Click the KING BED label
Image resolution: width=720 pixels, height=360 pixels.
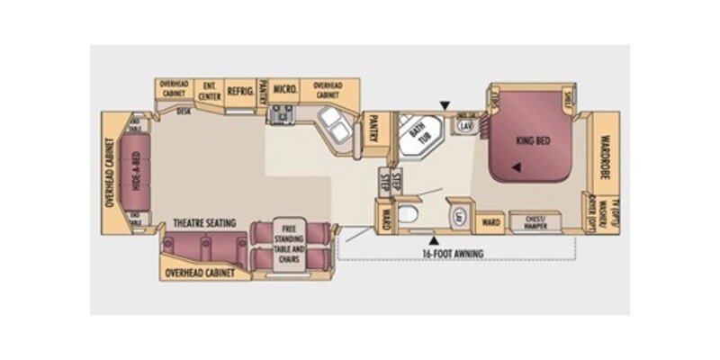pyautogui.click(x=533, y=141)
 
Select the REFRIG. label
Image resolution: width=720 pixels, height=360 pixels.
pyautogui.click(x=239, y=91)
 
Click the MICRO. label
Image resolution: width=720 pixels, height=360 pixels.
pyautogui.click(x=285, y=91)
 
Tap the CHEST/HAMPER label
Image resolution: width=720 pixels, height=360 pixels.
pyautogui.click(x=534, y=220)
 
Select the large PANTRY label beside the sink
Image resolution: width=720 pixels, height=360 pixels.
pyautogui.click(x=374, y=128)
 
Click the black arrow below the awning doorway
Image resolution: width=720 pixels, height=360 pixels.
pyautogui.click(x=436, y=240)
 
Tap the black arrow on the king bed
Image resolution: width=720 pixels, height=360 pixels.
pyautogui.click(x=517, y=167)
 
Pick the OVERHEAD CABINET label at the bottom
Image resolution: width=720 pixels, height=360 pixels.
pyautogui.click(x=201, y=271)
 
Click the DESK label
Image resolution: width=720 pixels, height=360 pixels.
pyautogui.click(x=184, y=112)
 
